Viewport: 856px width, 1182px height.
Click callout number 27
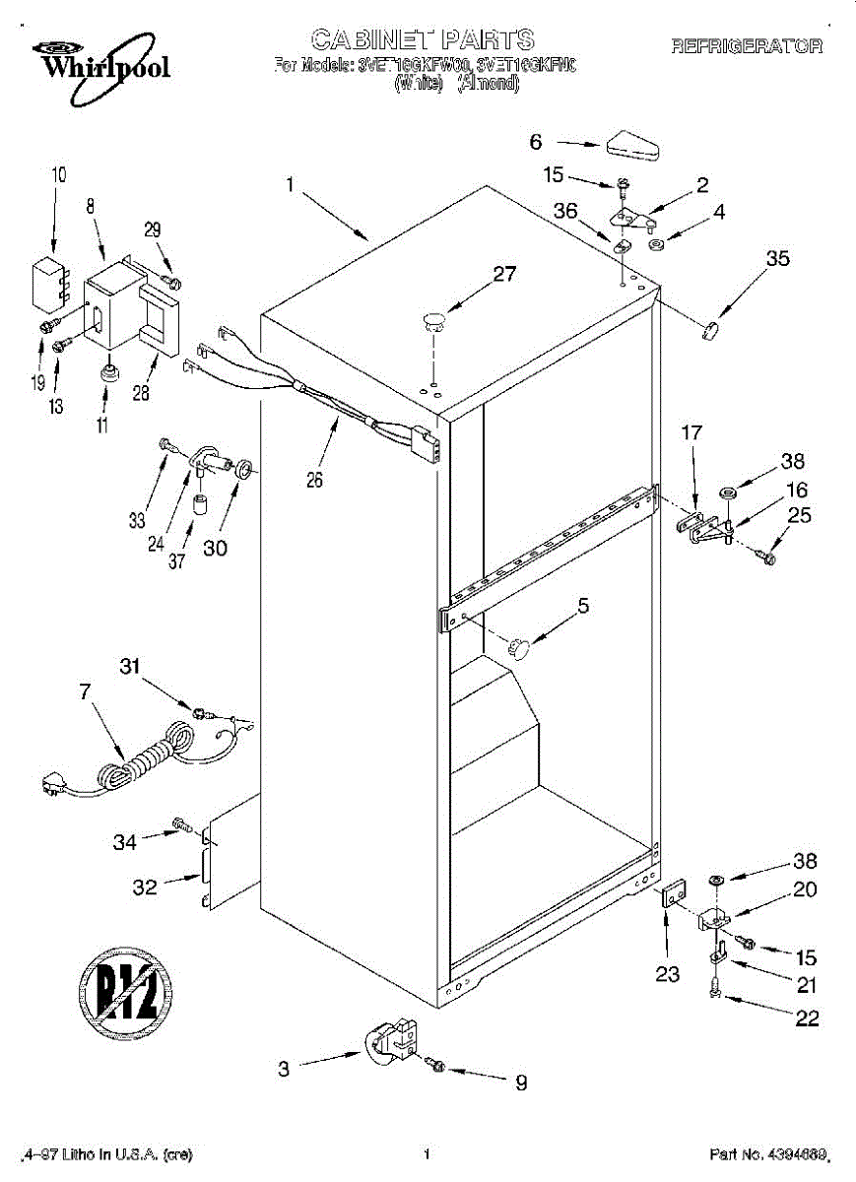coord(504,274)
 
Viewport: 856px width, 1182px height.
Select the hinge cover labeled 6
coord(632,145)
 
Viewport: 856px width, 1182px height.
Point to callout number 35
coord(778,259)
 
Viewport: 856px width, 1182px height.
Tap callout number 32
coord(145,886)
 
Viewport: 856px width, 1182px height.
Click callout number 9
coord(520,1083)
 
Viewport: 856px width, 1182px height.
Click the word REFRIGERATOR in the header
coord(747,45)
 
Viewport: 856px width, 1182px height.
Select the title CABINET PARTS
coord(423,39)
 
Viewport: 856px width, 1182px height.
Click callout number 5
coord(584,607)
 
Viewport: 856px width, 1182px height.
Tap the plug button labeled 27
coord(434,318)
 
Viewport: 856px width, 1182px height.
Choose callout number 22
coord(807,1018)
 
